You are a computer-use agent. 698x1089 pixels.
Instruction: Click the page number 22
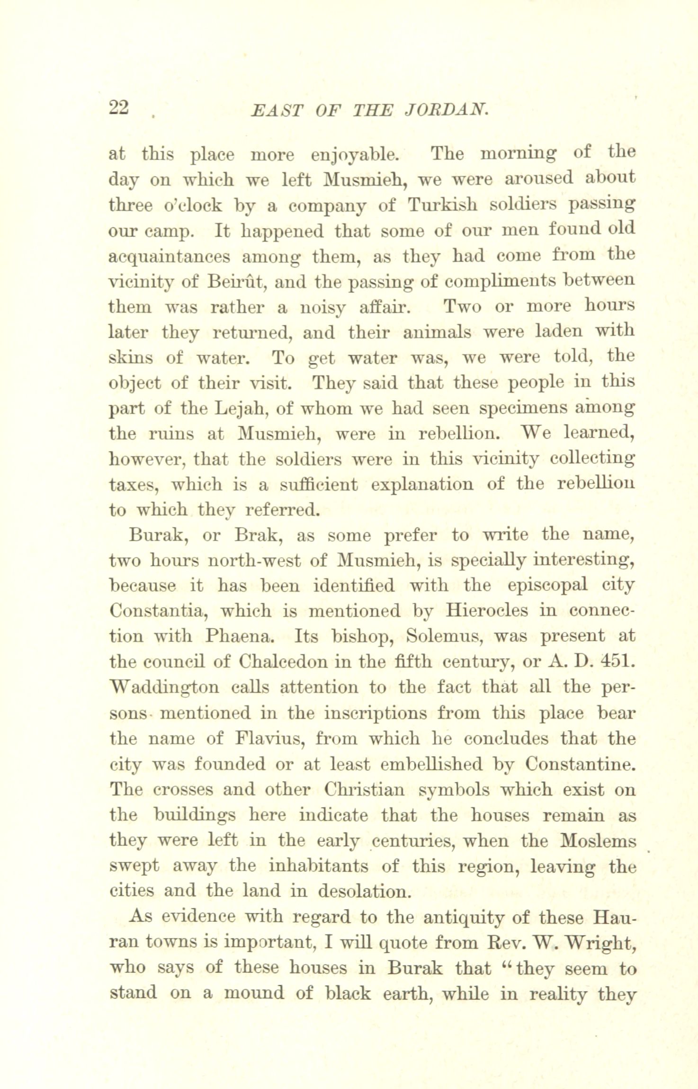tap(118, 108)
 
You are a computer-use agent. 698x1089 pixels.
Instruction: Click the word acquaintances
tap(170, 257)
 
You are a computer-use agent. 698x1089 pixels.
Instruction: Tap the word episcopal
tap(547, 586)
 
